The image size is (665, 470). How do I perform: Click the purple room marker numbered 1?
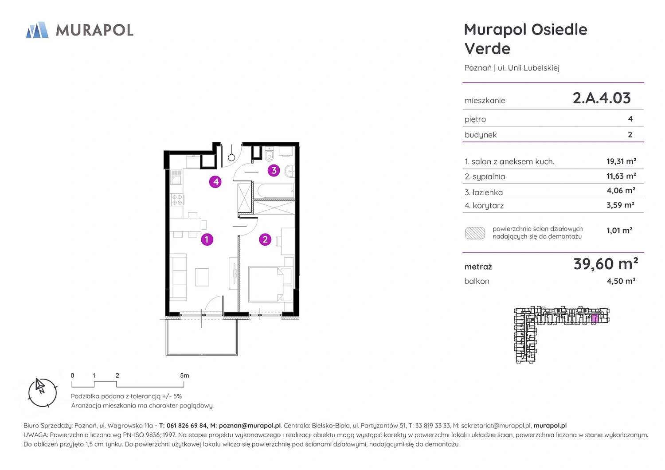click(x=207, y=239)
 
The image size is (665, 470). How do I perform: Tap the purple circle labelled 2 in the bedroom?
click(x=265, y=239)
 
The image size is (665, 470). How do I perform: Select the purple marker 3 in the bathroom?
click(x=274, y=170)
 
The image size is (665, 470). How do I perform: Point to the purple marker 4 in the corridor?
click(x=215, y=182)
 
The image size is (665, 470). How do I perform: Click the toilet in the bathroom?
click(x=269, y=154)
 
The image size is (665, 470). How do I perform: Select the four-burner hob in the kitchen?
click(x=177, y=200)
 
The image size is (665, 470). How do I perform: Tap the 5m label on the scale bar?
click(x=184, y=375)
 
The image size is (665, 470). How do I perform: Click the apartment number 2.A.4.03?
click(x=602, y=98)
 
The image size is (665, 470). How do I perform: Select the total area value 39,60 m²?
click(x=606, y=264)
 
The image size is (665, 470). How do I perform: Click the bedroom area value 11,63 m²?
click(x=621, y=176)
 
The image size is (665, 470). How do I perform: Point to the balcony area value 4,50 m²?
click(x=621, y=281)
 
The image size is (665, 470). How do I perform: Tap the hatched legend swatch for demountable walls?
click(x=475, y=233)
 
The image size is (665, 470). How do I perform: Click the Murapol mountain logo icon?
click(x=37, y=30)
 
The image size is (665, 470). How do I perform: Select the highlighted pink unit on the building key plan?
click(x=595, y=318)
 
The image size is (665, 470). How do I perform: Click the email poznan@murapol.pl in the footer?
click(x=250, y=426)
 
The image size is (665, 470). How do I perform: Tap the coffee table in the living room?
click(x=202, y=277)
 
